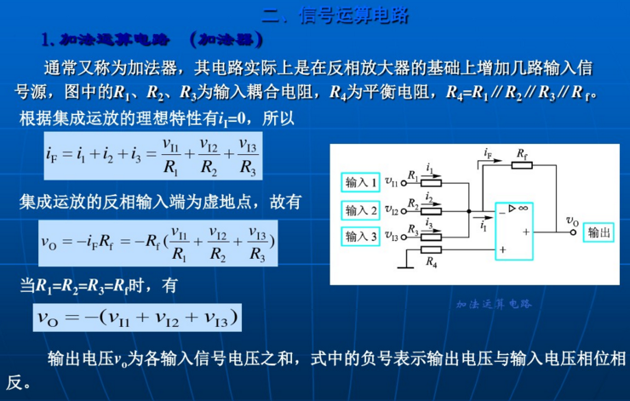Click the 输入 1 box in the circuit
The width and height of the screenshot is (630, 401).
[x=361, y=181]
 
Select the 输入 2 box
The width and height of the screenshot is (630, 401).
[x=361, y=209]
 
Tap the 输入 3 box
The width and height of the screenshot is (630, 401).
[x=361, y=237]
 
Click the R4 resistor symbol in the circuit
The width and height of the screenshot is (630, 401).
[x=432, y=250]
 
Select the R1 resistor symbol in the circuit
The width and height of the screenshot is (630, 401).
[x=432, y=181]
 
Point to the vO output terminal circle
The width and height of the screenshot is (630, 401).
[x=572, y=232]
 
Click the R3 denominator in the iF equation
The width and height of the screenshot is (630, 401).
[x=248, y=167]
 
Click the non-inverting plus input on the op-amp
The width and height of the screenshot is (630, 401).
[x=503, y=250]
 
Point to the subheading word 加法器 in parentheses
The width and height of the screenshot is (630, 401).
[x=226, y=40]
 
